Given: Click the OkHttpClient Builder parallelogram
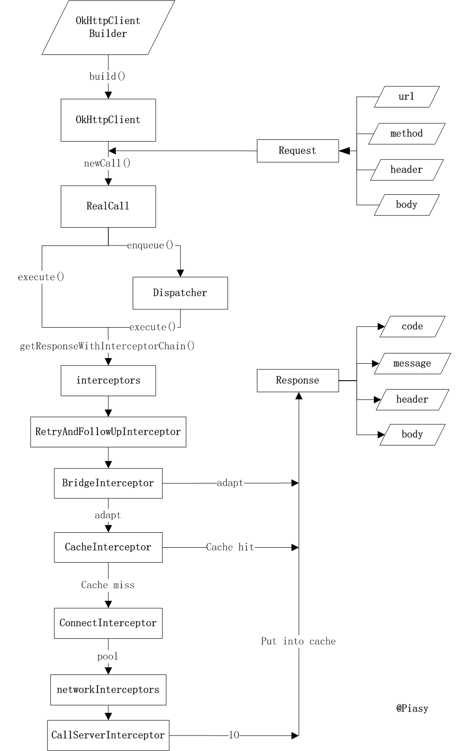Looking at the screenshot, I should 108,27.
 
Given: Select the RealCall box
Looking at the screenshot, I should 108,207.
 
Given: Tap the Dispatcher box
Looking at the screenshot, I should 180,293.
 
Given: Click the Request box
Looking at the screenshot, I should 297,151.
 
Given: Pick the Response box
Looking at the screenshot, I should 297,380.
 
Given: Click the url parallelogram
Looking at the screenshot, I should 406,97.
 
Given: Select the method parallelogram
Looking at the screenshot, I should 406,134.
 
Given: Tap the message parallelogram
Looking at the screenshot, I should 412,363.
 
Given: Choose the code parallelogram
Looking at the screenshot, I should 412,326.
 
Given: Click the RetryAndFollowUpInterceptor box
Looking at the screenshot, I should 108,432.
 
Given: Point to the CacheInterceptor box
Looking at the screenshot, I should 108,547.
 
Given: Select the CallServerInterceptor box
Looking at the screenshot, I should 108,735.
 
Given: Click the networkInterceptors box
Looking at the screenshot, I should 108,690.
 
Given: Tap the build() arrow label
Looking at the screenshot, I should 107,77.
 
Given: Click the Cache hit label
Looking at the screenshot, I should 230,547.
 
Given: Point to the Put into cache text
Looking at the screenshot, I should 298,641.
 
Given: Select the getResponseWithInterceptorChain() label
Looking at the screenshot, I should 107,346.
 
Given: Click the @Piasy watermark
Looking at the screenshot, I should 412,708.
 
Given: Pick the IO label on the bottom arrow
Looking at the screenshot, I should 234,735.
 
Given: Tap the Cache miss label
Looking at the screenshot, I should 108,585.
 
